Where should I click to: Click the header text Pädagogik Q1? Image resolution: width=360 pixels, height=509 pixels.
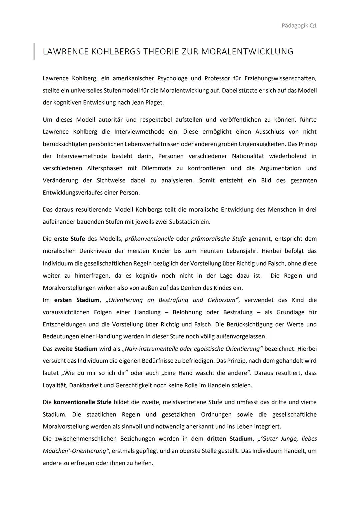[x=299, y=26]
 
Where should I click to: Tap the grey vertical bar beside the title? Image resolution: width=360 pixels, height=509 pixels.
[x=34, y=51]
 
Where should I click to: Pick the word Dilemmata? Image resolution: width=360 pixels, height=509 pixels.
[x=157, y=168]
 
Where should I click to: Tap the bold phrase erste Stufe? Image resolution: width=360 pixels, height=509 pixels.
[x=69, y=239]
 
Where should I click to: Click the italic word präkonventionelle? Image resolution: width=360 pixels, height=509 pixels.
[x=149, y=239]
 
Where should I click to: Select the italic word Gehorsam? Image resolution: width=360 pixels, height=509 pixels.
[x=221, y=300]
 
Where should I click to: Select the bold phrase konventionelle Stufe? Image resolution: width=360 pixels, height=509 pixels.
[x=82, y=402]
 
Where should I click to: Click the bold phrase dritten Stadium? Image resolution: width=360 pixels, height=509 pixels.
[x=230, y=439]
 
